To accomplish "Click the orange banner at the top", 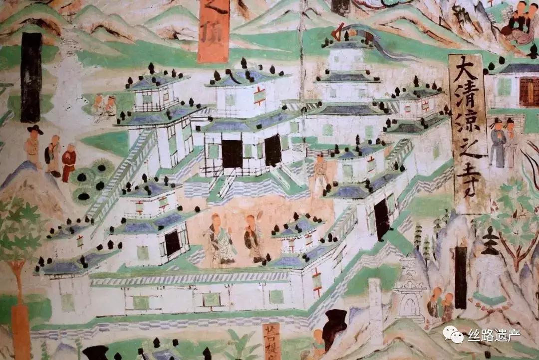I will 213,30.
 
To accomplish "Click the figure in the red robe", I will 69,162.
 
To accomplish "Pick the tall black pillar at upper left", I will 31,77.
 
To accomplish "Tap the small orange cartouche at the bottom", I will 271,341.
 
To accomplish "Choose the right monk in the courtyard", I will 253,238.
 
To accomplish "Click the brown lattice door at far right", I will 529,92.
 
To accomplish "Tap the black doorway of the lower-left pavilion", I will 172,243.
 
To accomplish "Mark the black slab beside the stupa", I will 461,277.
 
